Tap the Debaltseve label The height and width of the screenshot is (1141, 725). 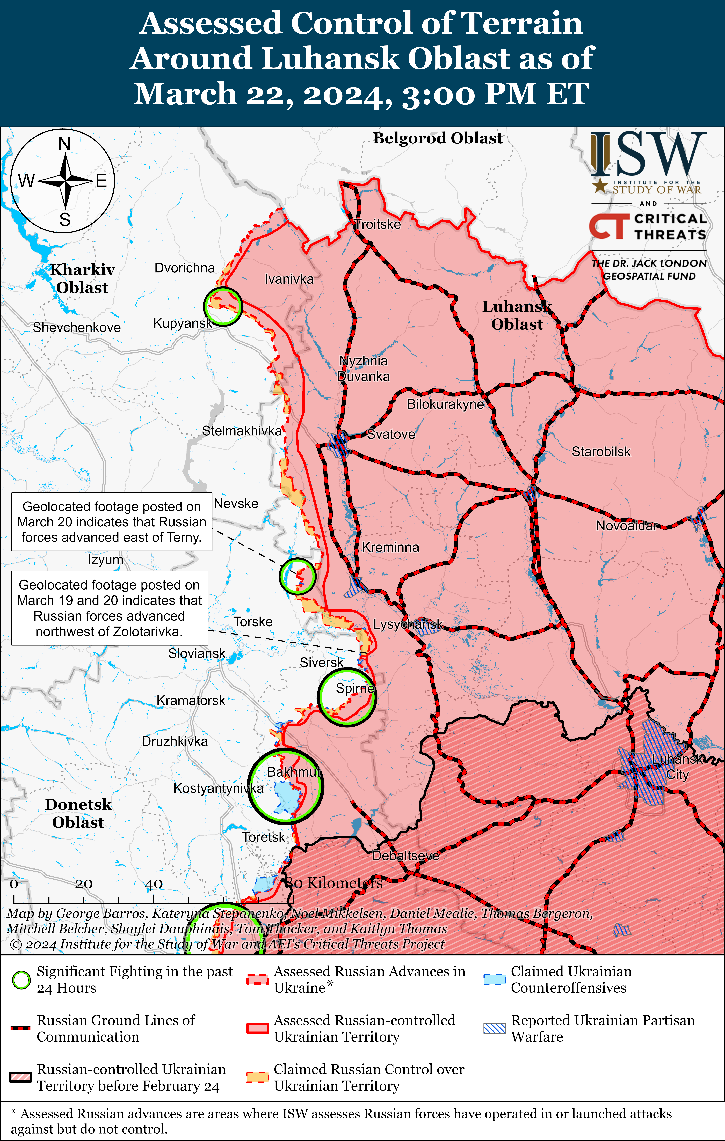point(406,856)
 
